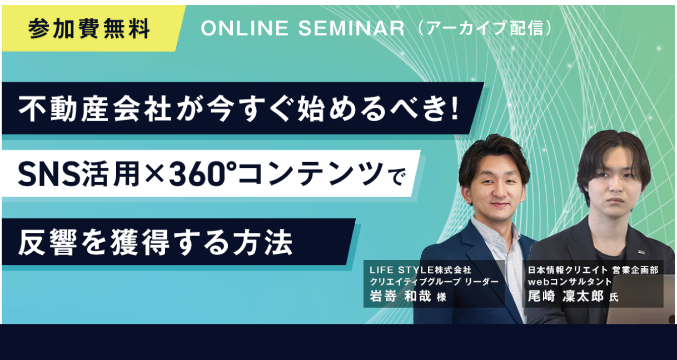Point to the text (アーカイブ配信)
pos(486,28)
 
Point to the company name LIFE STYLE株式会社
pos(420,269)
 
